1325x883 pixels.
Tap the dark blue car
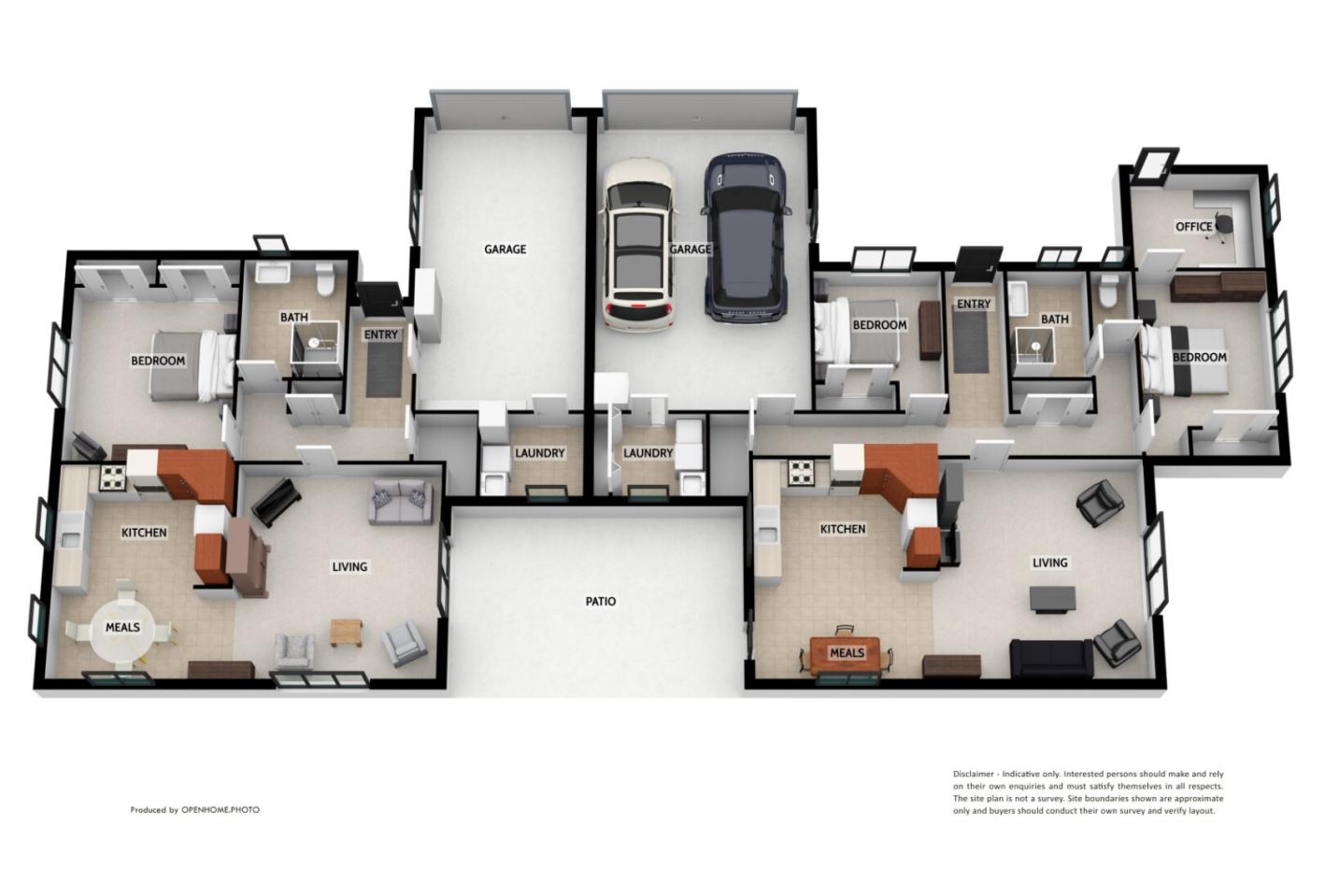coord(747,237)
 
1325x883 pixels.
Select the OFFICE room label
coord(1193,227)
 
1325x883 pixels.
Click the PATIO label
coord(601,602)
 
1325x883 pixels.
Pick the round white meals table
coord(121,627)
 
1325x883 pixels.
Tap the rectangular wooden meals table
coord(847,653)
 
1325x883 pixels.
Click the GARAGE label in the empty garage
coord(505,249)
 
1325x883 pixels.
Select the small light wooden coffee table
coord(345,633)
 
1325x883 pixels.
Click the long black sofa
coord(1051,659)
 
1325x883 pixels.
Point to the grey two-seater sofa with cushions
coord(400,502)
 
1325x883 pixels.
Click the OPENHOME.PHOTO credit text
coord(220,810)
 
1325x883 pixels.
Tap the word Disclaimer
coord(973,775)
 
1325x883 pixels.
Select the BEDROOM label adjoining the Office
coord(1199,358)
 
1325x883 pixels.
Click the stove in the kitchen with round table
coord(113,477)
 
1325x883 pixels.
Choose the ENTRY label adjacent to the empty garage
coord(380,335)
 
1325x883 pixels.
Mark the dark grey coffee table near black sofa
coord(1052,598)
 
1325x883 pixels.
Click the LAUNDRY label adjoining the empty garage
coord(539,453)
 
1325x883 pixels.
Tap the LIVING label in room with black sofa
coord(1049,563)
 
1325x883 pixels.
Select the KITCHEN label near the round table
coord(144,533)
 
